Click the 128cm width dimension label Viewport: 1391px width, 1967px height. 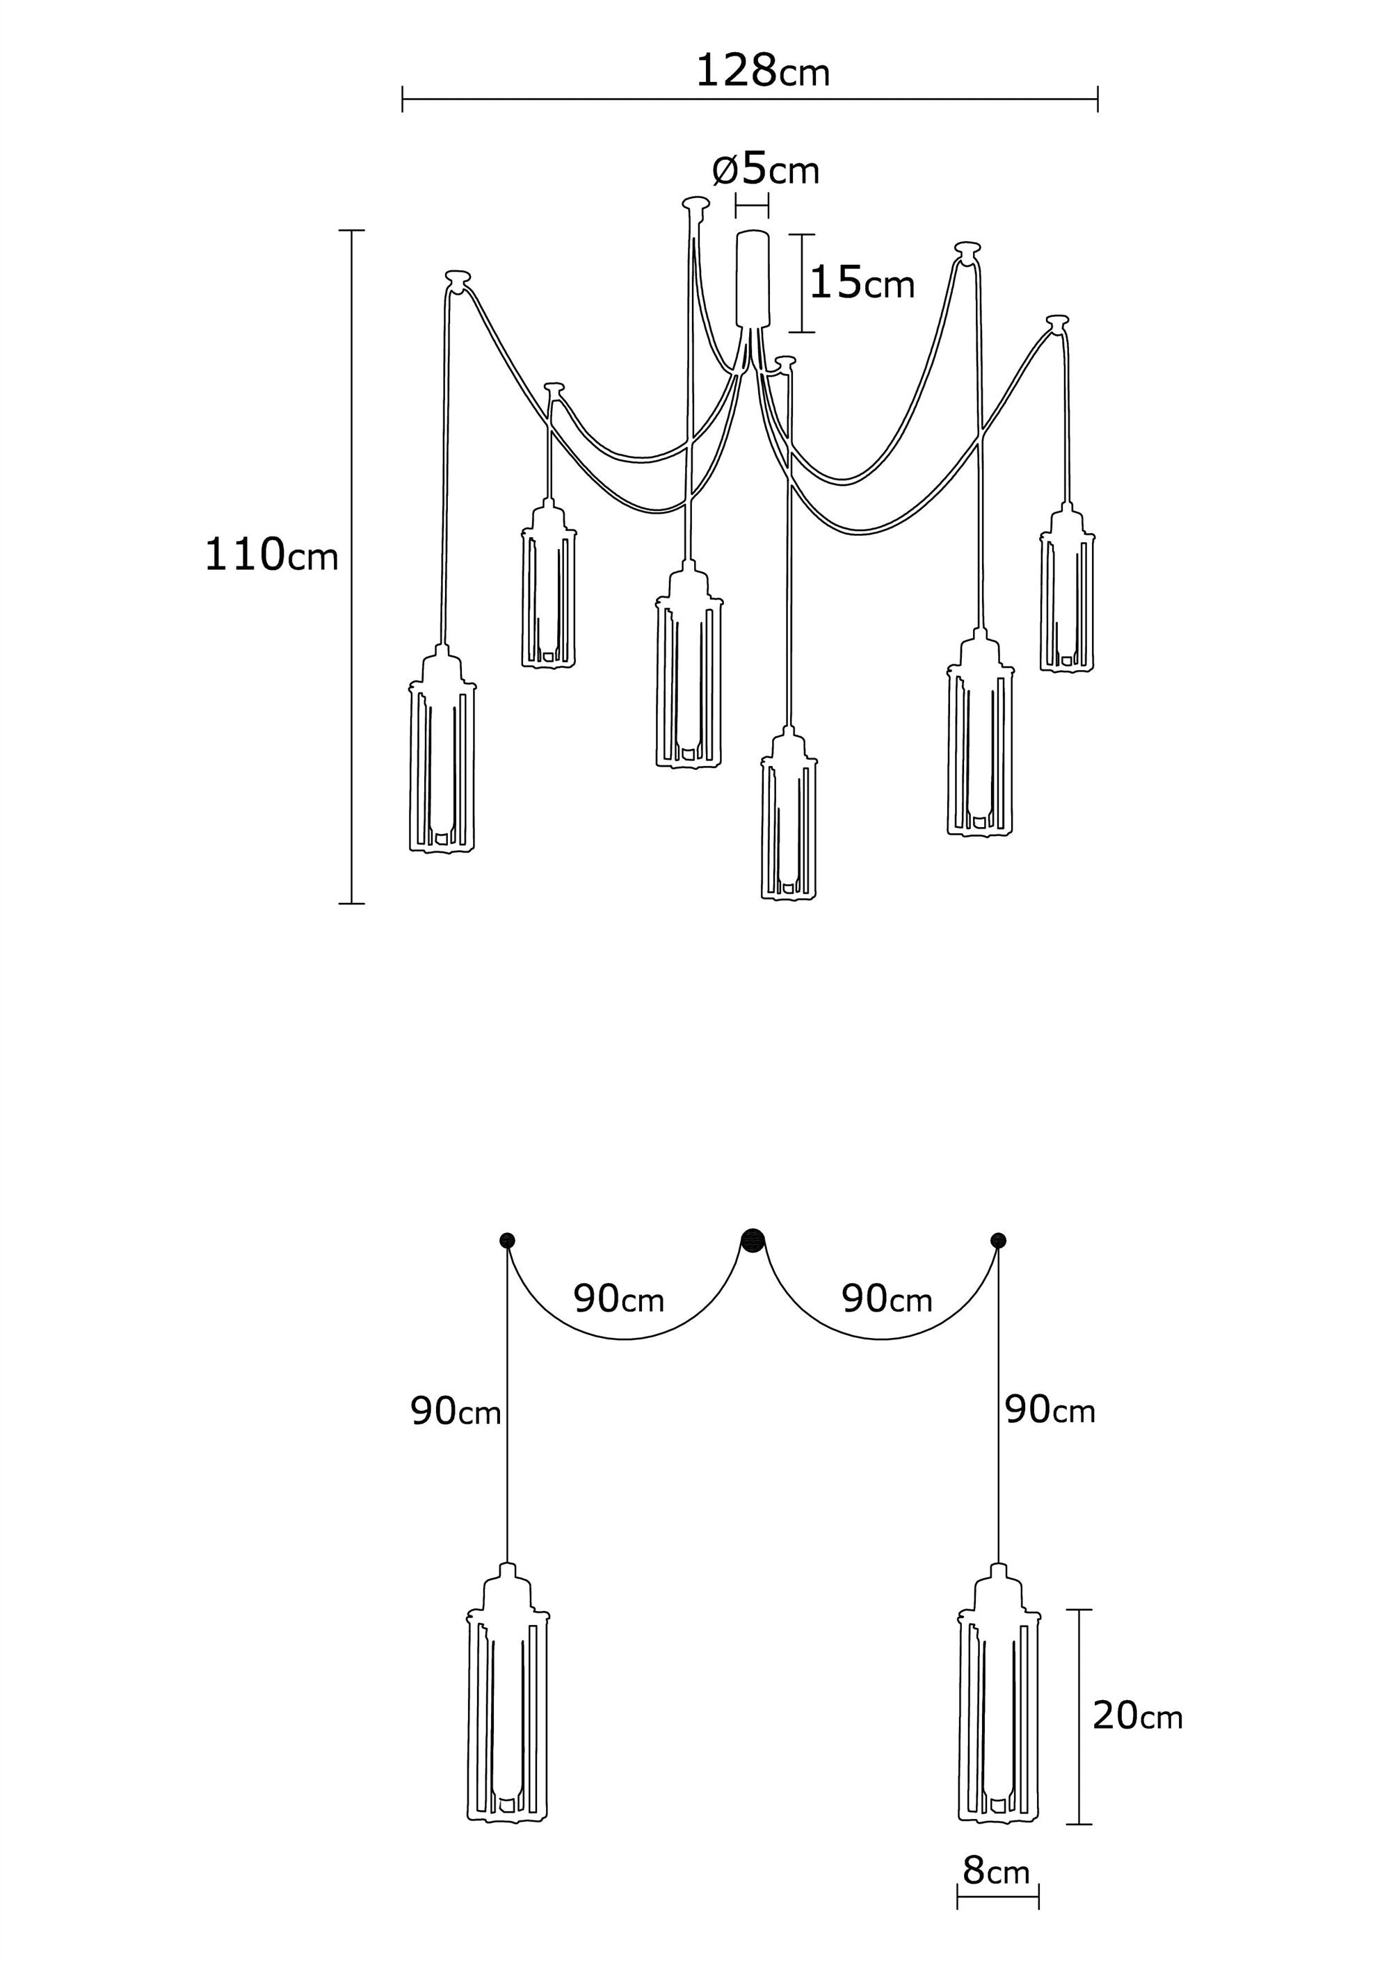tap(762, 71)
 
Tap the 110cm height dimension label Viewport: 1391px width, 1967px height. tap(271, 555)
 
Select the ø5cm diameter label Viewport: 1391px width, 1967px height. tap(765, 170)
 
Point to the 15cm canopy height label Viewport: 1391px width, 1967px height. tap(861, 283)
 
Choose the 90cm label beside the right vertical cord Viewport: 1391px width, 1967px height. tap(1049, 1410)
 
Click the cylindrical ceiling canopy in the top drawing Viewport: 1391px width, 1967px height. tap(753, 279)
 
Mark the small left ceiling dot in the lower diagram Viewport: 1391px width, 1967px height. tap(506, 1240)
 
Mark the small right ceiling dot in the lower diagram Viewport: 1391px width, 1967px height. tap(997, 1240)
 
